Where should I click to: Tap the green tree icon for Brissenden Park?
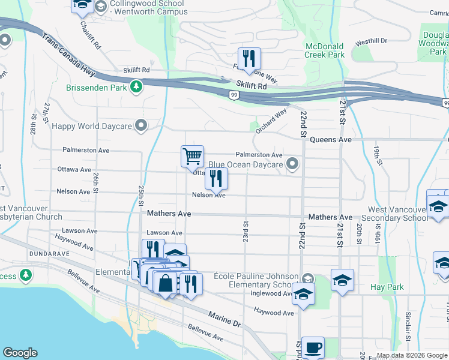[x=137, y=87]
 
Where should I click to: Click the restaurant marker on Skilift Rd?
[x=249, y=59]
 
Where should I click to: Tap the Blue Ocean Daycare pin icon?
[x=292, y=164]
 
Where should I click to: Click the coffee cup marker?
[x=313, y=347]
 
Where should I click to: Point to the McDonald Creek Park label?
[x=325, y=50]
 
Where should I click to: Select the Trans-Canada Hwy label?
[x=68, y=54]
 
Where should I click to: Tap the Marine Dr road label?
[x=224, y=319]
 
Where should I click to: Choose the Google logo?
[x=20, y=353]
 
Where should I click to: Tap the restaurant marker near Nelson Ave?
[x=216, y=178]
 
